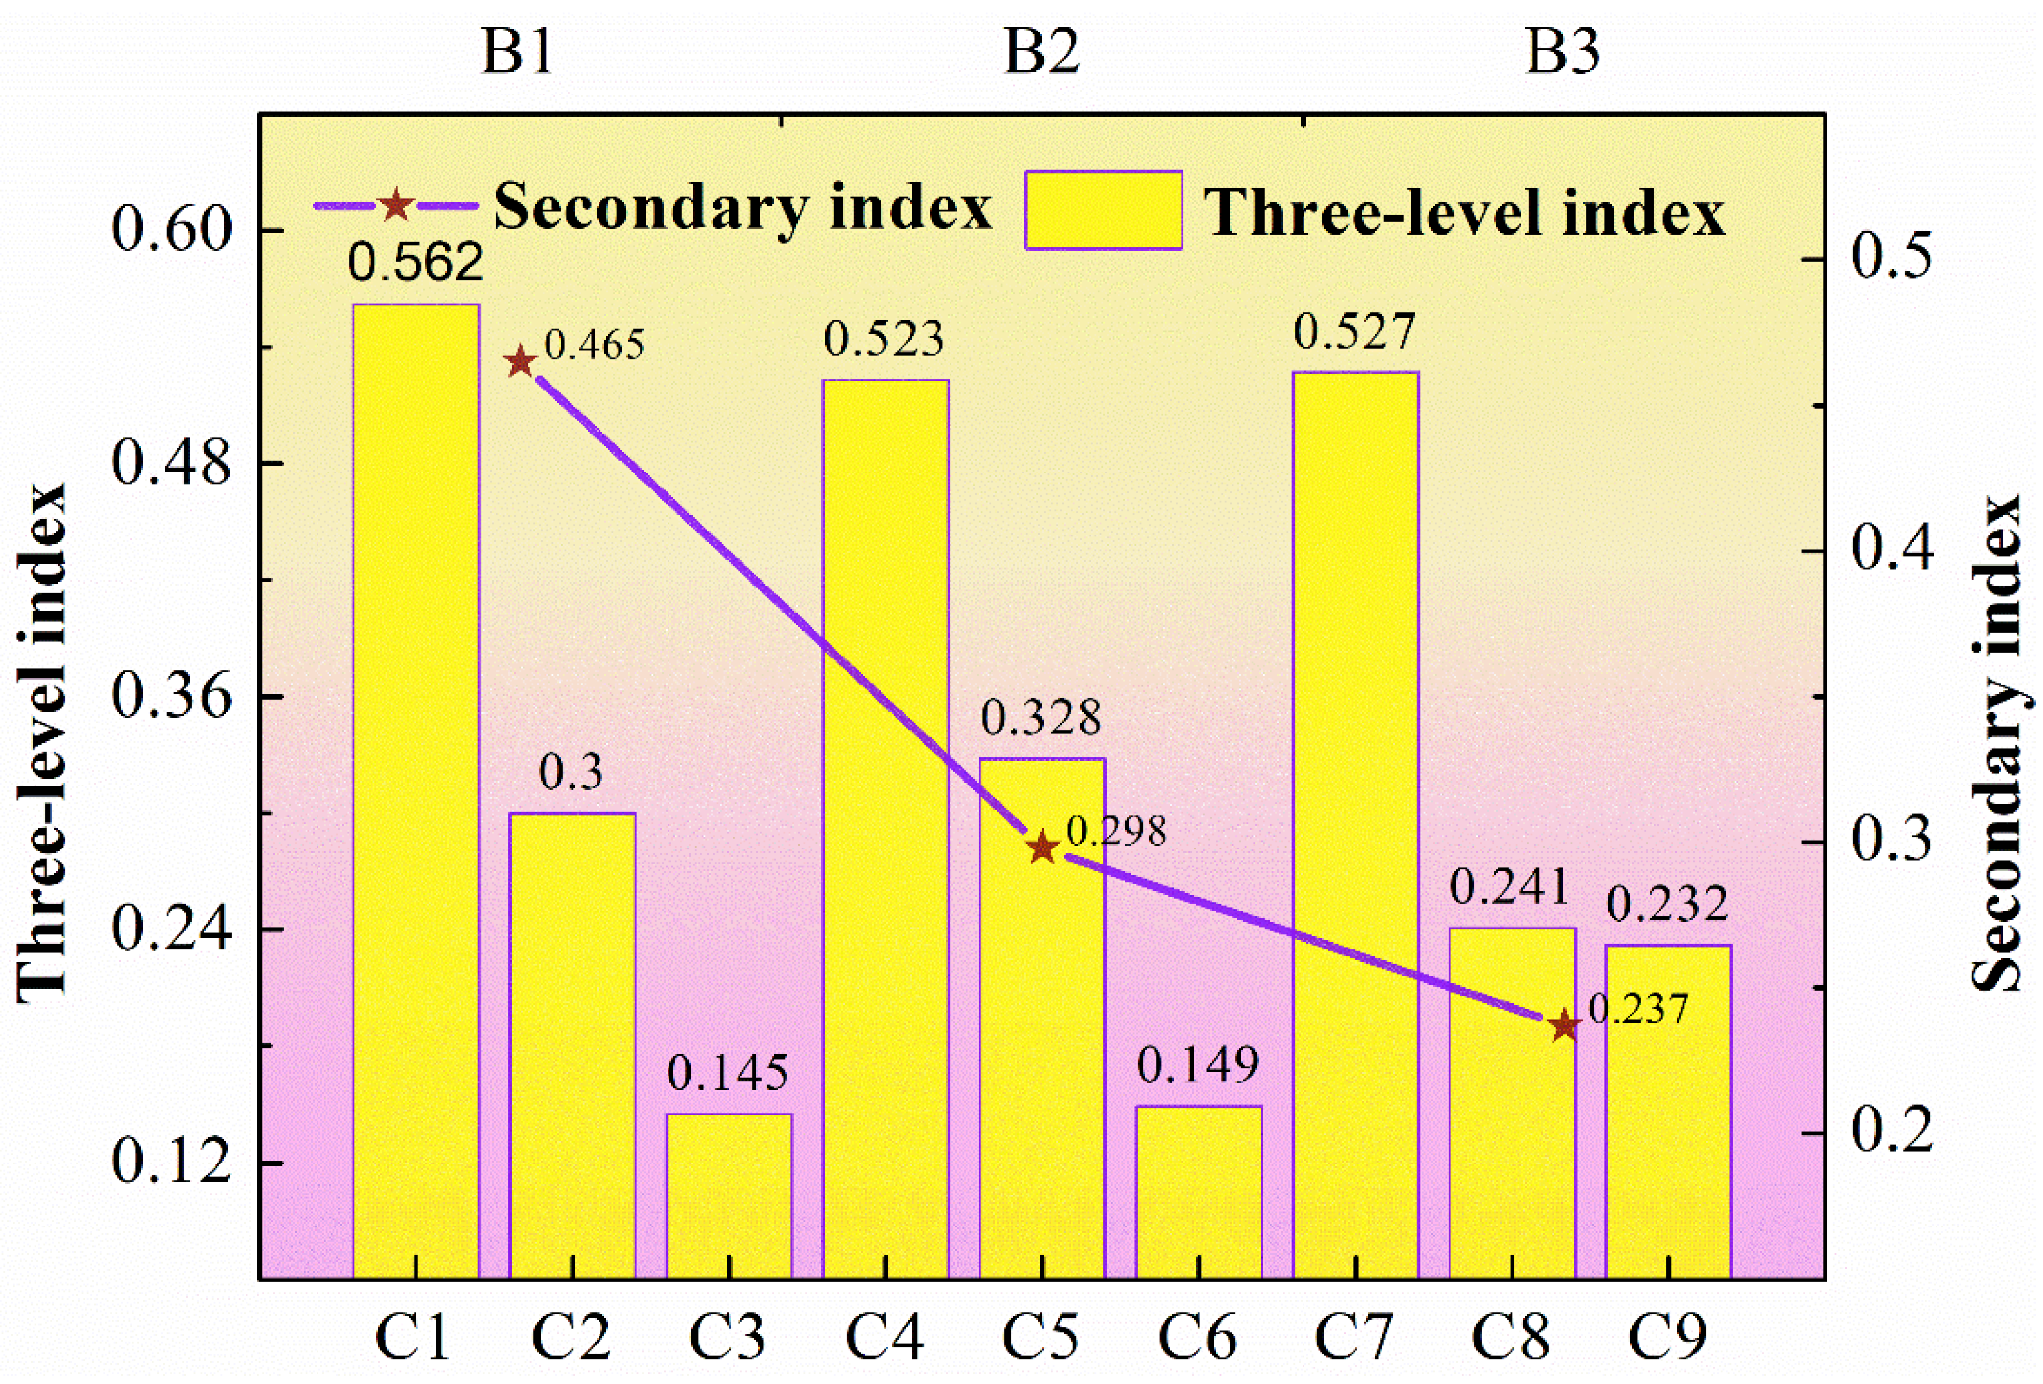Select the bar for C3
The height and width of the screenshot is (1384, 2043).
click(x=729, y=1195)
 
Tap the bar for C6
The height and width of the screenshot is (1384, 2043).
click(x=1198, y=1190)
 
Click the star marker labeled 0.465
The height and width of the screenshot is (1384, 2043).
click(x=520, y=362)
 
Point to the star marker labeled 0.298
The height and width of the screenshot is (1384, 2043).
click(x=1042, y=848)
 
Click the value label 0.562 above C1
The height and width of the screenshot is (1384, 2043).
click(x=416, y=262)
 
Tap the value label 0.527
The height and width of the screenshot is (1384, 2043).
click(x=1355, y=332)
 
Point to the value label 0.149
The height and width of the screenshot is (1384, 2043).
click(x=1198, y=1065)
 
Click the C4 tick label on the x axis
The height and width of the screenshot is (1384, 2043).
click(x=884, y=1336)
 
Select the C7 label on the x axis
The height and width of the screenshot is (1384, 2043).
click(x=1355, y=1336)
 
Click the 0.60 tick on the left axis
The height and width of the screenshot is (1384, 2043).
click(x=171, y=231)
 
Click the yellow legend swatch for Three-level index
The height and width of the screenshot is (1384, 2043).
click(x=1103, y=211)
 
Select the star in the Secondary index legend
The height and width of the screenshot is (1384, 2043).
click(x=395, y=206)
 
